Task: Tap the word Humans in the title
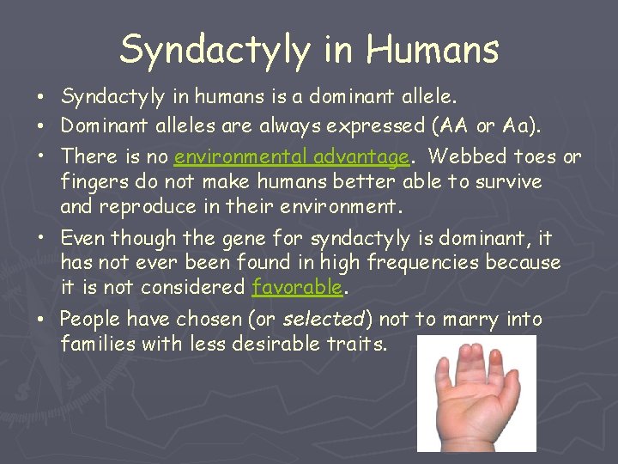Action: click(x=432, y=49)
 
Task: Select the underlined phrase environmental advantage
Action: click(x=292, y=157)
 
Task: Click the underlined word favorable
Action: click(x=296, y=287)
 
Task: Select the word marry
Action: click(x=461, y=320)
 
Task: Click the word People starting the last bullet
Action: click(x=90, y=320)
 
